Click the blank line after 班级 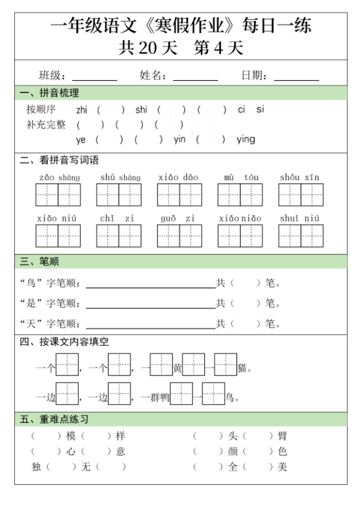tap(94, 79)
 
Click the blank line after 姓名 tap(195, 79)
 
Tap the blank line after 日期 tap(296, 79)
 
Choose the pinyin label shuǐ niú tap(300, 218)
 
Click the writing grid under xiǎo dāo tap(179, 195)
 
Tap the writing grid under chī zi tap(119, 236)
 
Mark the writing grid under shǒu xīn tap(300, 195)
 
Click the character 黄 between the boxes tap(178, 369)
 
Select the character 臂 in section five tap(282, 436)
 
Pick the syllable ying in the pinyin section tap(246, 140)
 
